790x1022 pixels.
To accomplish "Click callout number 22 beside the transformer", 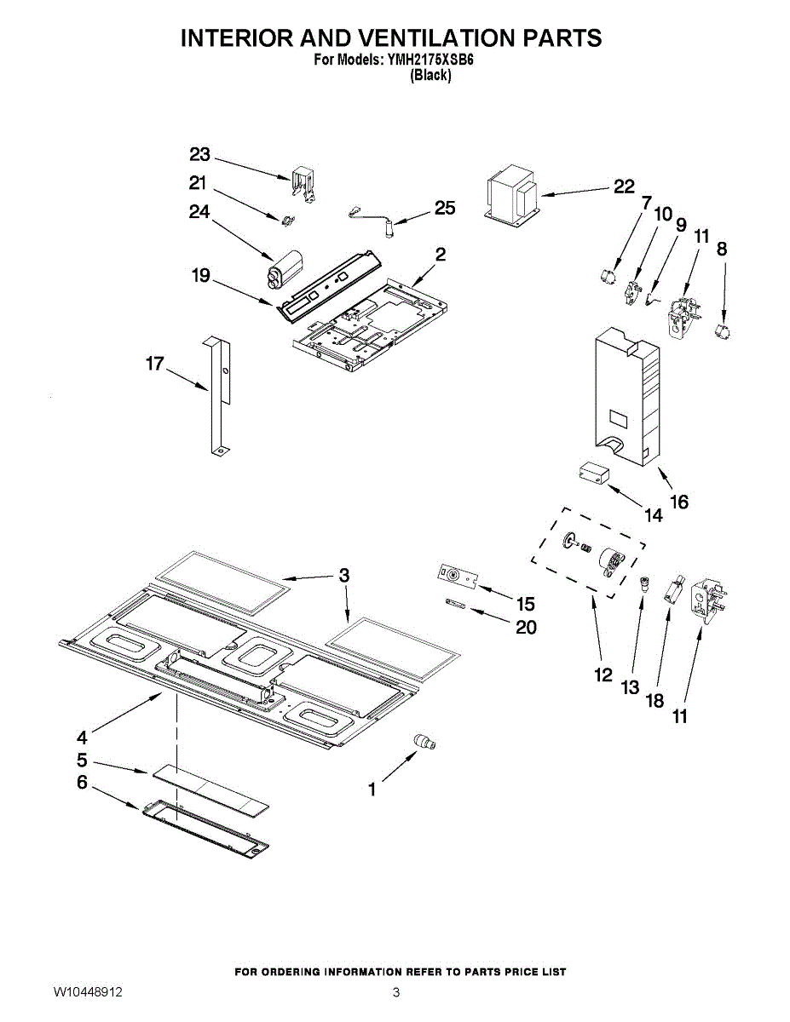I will click(624, 187).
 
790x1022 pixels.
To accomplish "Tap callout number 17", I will click(154, 364).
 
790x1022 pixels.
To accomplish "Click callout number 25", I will click(445, 208).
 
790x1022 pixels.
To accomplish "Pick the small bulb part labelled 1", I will click(424, 743).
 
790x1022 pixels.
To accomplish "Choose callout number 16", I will click(679, 502).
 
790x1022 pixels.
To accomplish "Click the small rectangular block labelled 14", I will click(593, 472).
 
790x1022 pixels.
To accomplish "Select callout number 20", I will click(527, 627).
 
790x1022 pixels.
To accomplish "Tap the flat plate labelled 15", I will click(458, 577).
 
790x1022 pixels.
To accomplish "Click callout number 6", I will click(82, 782).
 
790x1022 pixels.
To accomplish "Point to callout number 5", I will click(82, 760).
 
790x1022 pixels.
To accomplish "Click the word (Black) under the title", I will click(430, 75).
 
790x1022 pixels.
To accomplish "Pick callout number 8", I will click(722, 250).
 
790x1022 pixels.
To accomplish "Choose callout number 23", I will click(199, 154).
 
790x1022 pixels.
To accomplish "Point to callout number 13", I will click(630, 686).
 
